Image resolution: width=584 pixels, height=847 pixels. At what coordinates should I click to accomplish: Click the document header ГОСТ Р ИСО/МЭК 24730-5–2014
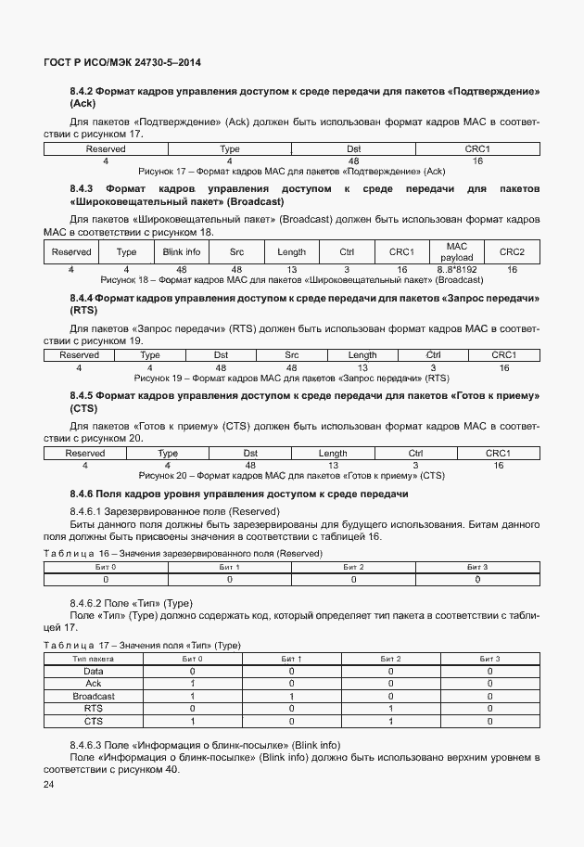[x=123, y=63]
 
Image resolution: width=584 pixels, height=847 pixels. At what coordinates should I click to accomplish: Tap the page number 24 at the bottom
[x=49, y=786]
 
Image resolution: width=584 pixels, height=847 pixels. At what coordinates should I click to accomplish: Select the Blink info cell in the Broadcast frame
[x=181, y=252]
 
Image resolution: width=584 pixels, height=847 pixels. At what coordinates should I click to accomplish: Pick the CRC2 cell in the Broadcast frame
[x=512, y=252]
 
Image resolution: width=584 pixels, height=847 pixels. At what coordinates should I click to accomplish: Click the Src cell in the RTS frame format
[x=291, y=355]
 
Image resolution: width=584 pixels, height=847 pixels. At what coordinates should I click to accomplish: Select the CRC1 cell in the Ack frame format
[x=477, y=149]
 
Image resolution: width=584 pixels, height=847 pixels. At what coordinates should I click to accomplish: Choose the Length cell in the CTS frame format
[x=333, y=454]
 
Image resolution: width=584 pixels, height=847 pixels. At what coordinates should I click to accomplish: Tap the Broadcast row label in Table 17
[x=94, y=696]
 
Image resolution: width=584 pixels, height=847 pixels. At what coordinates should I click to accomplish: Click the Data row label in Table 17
[x=94, y=671]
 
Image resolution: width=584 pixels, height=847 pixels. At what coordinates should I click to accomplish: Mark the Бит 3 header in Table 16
[x=477, y=567]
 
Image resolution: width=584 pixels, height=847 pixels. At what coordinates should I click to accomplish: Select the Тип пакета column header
[x=94, y=659]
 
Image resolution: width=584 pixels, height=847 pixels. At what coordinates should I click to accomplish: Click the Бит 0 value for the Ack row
[x=193, y=684]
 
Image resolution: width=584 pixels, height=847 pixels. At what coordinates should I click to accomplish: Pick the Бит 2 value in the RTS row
[x=390, y=709]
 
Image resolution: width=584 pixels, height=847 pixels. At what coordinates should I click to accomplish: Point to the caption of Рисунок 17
[x=291, y=172]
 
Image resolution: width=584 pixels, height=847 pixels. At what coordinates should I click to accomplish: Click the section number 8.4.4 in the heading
[x=82, y=298]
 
